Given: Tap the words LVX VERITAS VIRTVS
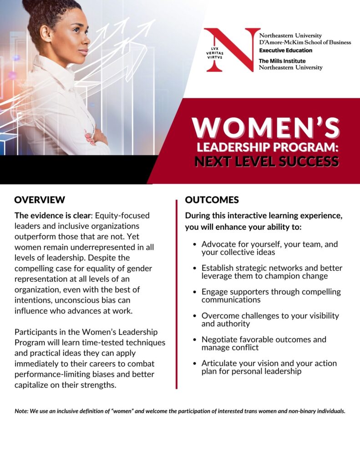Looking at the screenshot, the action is click(215, 53).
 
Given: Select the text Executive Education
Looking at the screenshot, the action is click(286, 50).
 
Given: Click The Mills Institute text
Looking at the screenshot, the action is click(282, 61).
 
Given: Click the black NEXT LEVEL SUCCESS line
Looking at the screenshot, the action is click(267, 162).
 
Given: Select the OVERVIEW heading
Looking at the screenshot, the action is click(40, 200).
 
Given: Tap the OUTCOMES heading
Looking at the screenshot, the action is click(212, 200).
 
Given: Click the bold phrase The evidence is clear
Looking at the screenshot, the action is click(52, 215).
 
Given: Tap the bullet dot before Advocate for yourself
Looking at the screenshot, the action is click(195, 244).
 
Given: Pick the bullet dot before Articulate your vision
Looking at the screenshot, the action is click(195, 364).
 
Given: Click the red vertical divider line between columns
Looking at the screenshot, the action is click(177, 294).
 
